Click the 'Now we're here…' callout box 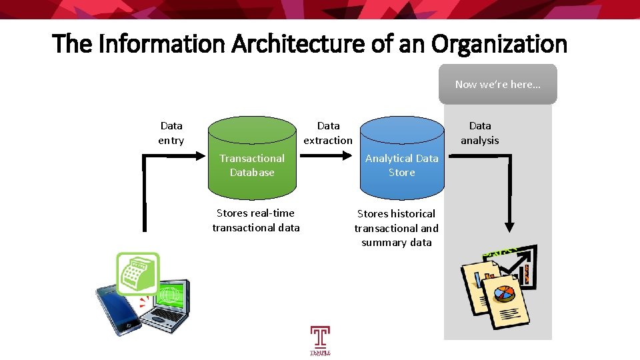pyautogui.click(x=497, y=84)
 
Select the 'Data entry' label pyautogui.click(x=171, y=133)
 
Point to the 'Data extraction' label pyautogui.click(x=328, y=133)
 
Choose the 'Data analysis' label pyautogui.click(x=480, y=133)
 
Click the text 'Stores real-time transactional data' pyautogui.click(x=256, y=220)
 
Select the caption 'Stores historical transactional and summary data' pyautogui.click(x=397, y=228)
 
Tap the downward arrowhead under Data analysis pyautogui.click(x=510, y=227)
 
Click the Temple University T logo pyautogui.click(x=320, y=339)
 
